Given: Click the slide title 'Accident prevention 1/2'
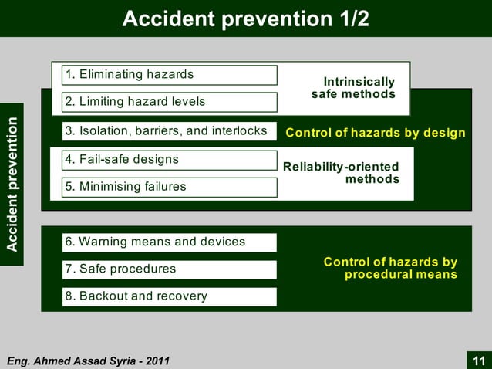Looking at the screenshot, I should click(245, 18).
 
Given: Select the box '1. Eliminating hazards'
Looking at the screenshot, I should click(169, 75).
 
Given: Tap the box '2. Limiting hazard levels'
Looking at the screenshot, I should click(169, 102).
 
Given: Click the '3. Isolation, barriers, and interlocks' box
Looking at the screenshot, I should click(169, 131).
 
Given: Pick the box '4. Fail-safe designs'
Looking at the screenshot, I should click(169, 160).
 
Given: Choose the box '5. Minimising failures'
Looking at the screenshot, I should click(169, 187).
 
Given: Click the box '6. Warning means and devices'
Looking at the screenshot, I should click(169, 242).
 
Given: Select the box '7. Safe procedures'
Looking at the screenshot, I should click(169, 269).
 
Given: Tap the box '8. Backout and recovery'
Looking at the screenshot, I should click(169, 296).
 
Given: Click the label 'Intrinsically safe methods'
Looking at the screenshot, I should click(354, 88).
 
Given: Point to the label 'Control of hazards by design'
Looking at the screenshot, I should click(376, 133).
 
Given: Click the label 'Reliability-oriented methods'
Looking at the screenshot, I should click(342, 173).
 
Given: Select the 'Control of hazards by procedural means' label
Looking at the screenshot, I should click(390, 269).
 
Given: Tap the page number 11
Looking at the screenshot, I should click(479, 361).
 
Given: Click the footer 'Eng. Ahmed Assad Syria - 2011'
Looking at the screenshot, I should click(88, 361).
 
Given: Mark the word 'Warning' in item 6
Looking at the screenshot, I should click(102, 242).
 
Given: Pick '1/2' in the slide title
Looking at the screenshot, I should click(352, 18).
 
